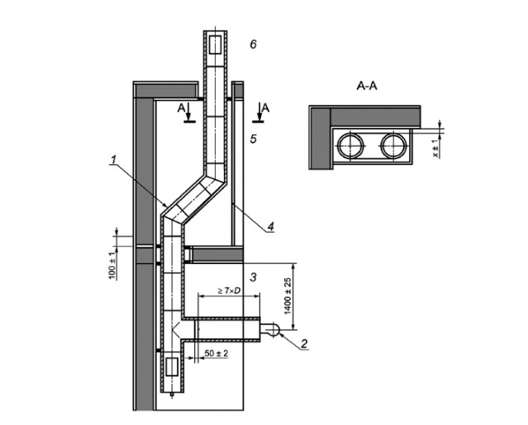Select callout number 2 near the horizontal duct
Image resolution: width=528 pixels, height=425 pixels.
click(305, 342)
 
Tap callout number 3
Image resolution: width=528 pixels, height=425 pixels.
click(254, 276)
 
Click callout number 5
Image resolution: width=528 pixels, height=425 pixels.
click(254, 139)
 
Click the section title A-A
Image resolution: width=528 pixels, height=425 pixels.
click(368, 85)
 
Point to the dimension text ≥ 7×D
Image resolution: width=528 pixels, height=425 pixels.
click(228, 290)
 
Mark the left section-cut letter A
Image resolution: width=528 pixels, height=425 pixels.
click(182, 106)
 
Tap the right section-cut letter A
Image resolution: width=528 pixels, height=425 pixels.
click(264, 106)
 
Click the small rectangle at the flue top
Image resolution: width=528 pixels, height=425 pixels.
click(214, 42)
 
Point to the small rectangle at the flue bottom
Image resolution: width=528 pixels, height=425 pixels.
click(172, 369)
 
